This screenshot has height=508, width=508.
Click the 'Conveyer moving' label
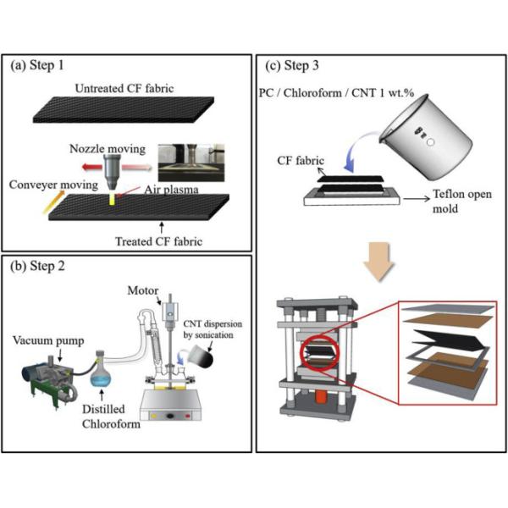[53, 181]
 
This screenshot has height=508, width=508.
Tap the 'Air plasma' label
[168, 190]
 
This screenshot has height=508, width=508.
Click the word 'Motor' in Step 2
[155, 288]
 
